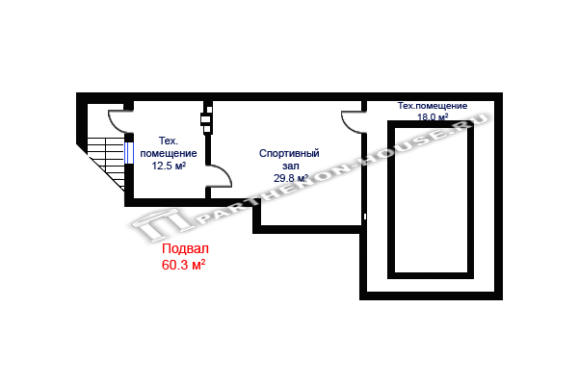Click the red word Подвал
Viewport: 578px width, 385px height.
point(183,247)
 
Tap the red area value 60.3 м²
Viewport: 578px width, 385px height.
point(183,262)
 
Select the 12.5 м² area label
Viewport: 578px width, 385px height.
point(169,166)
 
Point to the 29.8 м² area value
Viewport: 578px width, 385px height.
point(290,178)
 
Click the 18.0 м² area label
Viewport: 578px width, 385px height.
point(433,117)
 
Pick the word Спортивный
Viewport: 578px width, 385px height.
point(289,153)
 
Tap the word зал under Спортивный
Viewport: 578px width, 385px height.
point(290,166)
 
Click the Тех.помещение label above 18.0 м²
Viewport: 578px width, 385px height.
point(433,105)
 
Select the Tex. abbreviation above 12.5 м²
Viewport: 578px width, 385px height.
point(169,141)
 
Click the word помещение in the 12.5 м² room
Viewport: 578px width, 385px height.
point(169,153)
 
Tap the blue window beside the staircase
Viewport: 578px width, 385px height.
point(129,155)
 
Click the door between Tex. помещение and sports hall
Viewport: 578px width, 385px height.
point(219,175)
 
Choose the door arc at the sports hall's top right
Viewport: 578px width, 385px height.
point(353,122)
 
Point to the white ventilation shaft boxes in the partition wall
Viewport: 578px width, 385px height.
point(205,121)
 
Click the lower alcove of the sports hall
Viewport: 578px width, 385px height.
point(308,217)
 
